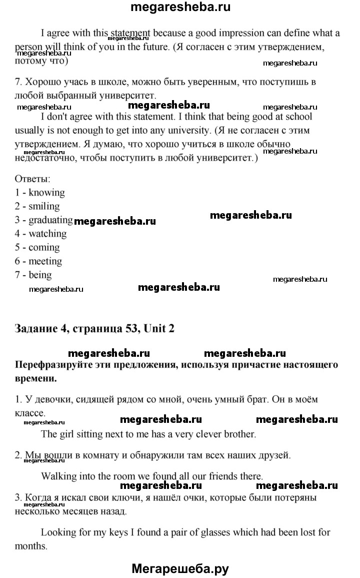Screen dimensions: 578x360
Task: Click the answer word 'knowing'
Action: pyautogui.click(x=46, y=193)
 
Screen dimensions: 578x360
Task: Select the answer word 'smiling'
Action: pyautogui.click(x=44, y=206)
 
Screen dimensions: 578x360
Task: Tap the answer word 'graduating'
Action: pyautogui.click(x=50, y=220)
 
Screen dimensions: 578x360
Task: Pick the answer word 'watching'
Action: pyautogui.click(x=47, y=234)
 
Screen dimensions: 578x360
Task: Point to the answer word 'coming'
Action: pyautogui.click(x=44, y=248)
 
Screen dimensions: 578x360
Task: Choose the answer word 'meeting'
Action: pyautogui.click(x=45, y=261)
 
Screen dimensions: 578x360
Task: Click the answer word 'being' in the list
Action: pyautogui.click(x=40, y=275)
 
